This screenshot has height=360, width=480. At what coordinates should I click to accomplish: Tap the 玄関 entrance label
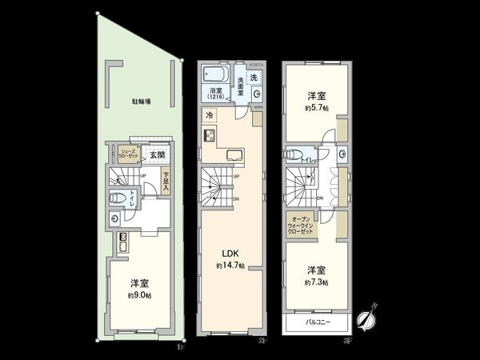pyautogui.click(x=157, y=154)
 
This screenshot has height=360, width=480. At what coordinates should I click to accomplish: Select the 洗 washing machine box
pyautogui.click(x=254, y=78)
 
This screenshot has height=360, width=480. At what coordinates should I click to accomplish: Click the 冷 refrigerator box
pyautogui.click(x=210, y=115)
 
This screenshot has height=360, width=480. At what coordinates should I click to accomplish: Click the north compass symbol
pyautogui.click(x=368, y=319)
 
